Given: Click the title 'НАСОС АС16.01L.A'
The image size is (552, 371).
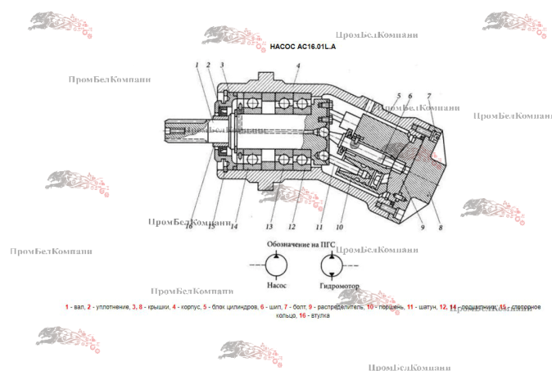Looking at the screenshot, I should click(x=302, y=48).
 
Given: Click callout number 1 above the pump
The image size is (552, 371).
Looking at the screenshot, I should click(x=197, y=65).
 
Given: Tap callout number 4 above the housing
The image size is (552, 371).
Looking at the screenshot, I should click(x=298, y=66).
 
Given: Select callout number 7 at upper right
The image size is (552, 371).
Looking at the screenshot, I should click(x=428, y=96).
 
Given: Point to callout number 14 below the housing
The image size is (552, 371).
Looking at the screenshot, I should click(x=234, y=227).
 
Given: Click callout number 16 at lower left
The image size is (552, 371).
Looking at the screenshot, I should click(x=189, y=227).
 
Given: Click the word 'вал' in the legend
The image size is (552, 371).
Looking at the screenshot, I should click(x=78, y=307).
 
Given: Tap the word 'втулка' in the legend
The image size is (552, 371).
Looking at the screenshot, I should click(x=319, y=315).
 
